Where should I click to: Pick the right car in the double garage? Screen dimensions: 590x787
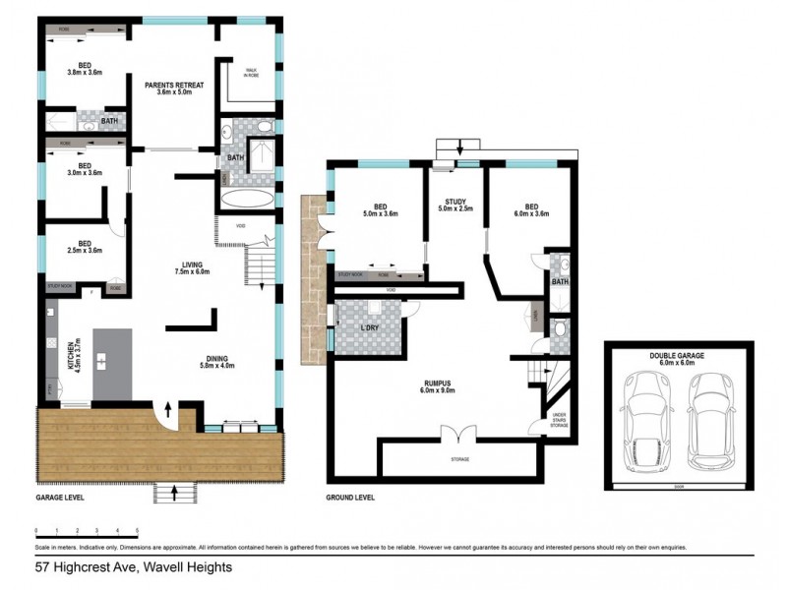pos(711,418)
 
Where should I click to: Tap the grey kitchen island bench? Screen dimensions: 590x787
pos(111,364)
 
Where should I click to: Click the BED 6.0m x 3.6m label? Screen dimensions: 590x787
pos(531,210)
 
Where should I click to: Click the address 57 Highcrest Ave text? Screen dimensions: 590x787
pos(133,566)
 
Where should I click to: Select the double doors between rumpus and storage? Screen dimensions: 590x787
pos(457,434)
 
